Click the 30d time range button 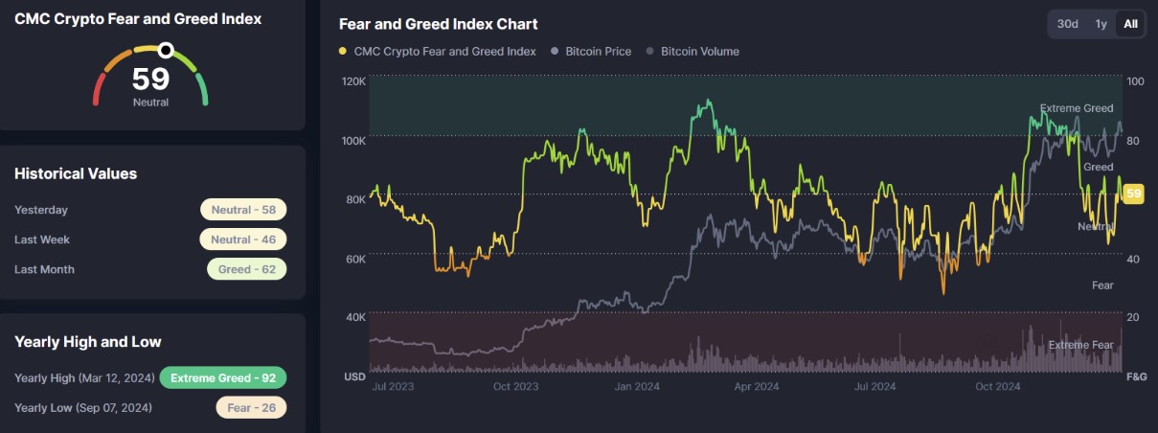click(x=1067, y=24)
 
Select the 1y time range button click(x=1101, y=24)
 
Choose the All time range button click(x=1130, y=24)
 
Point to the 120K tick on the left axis click(x=353, y=81)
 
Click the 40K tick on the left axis click(x=353, y=317)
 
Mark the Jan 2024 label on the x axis click(x=637, y=387)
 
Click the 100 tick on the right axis click(x=1134, y=81)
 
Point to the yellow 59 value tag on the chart click(x=1133, y=194)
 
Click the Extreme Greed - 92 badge click(x=223, y=377)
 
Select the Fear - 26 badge click(x=251, y=407)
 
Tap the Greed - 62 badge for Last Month click(x=246, y=269)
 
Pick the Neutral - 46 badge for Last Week click(x=243, y=239)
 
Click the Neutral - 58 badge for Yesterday click(x=243, y=210)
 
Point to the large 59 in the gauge click(x=150, y=79)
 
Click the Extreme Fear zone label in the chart click(x=1080, y=345)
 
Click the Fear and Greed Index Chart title click(x=438, y=24)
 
